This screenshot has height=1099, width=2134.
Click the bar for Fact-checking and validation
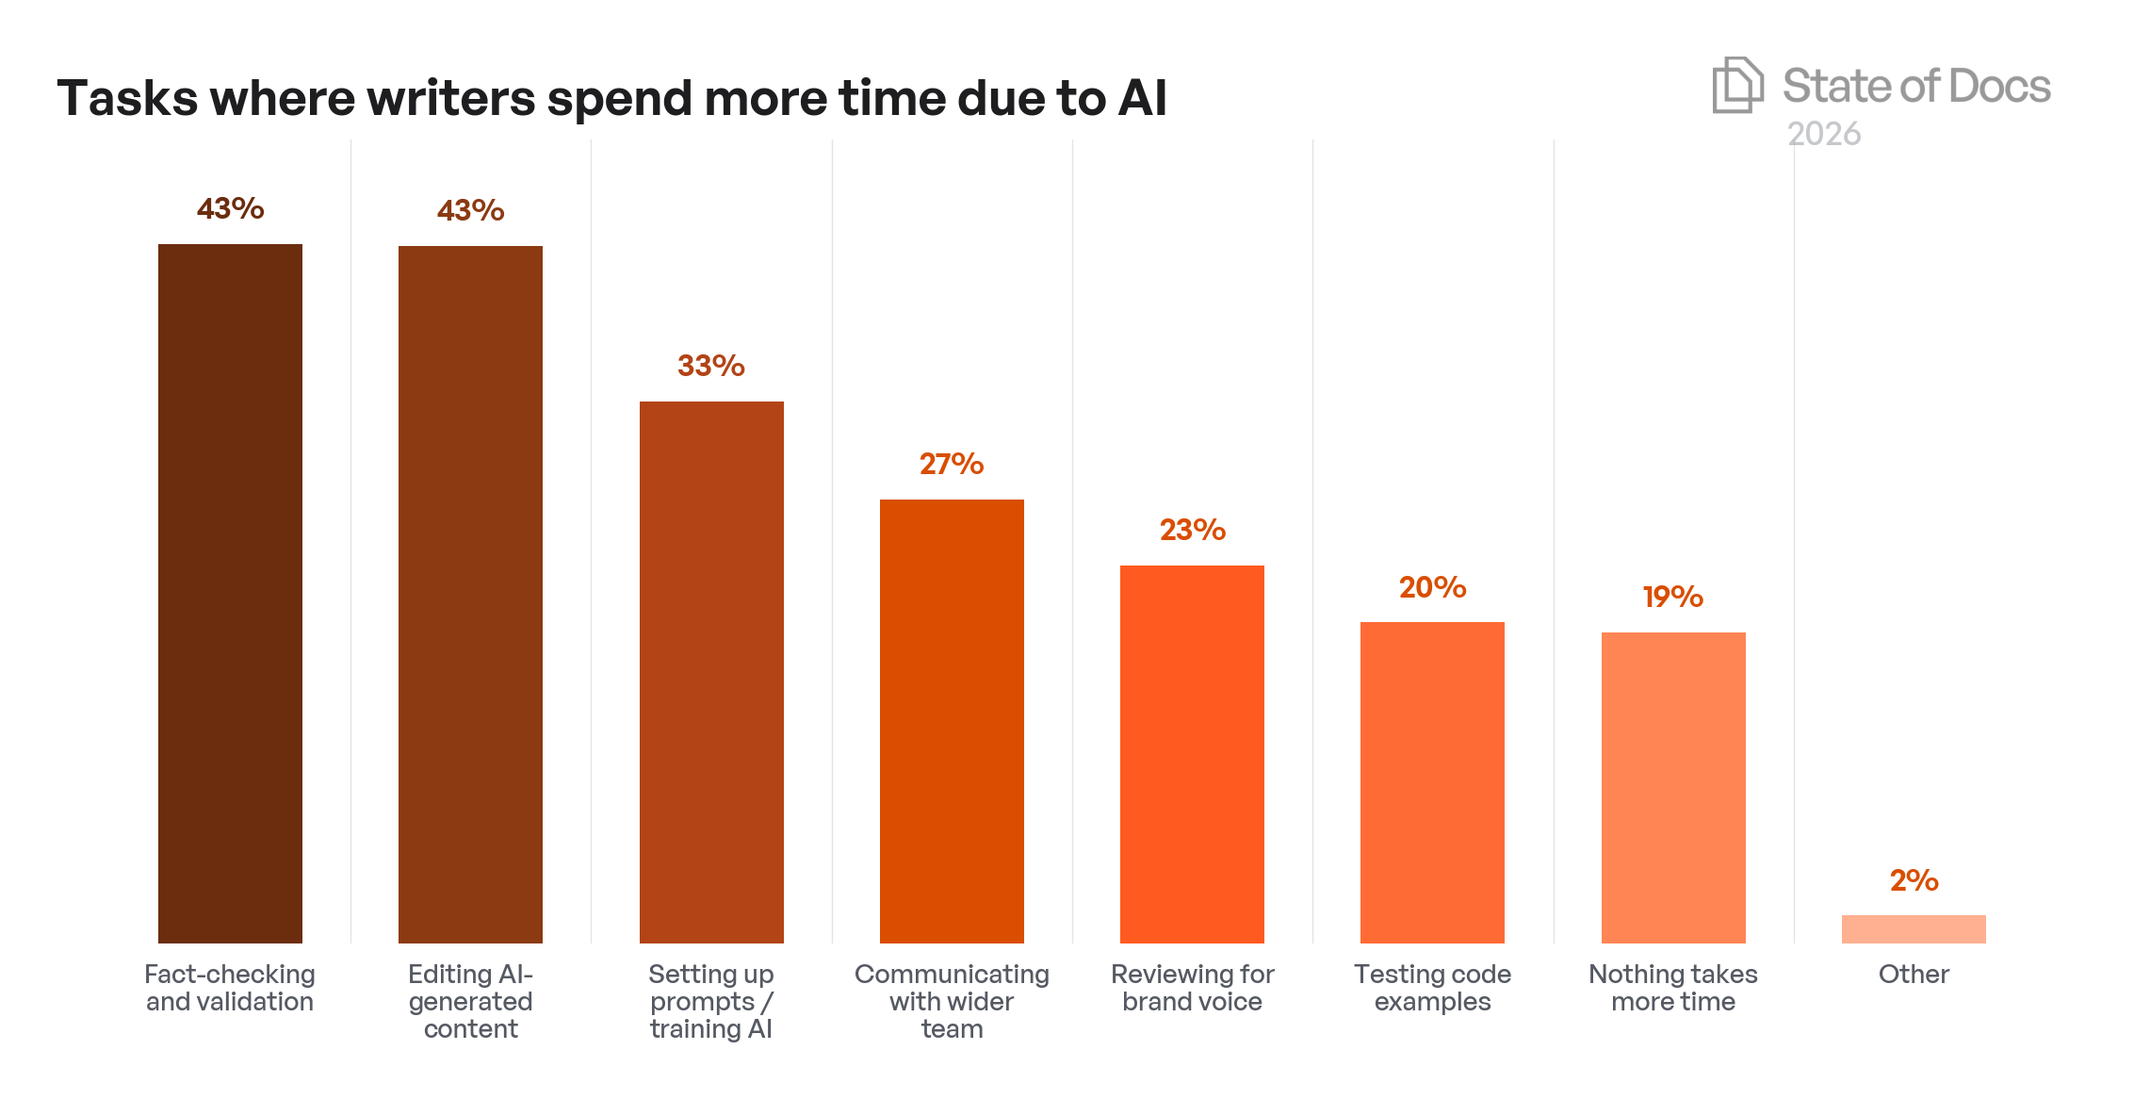(230, 594)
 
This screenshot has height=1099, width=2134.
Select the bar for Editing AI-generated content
(470, 594)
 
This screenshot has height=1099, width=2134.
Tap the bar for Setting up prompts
(711, 672)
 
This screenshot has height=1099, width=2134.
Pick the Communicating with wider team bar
(952, 721)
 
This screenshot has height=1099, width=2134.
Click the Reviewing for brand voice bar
(1192, 754)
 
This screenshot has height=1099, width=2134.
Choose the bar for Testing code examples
(1432, 782)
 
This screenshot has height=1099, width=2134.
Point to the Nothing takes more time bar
(1673, 787)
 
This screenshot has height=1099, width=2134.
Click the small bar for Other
(1914, 928)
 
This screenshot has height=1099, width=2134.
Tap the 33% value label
(711, 366)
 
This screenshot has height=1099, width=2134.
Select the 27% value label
(952, 464)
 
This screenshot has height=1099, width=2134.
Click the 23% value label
(1192, 530)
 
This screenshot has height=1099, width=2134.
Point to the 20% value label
(1432, 587)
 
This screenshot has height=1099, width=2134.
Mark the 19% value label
(1673, 597)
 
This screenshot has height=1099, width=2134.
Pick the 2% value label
(1914, 880)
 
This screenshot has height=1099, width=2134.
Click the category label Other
(1914, 974)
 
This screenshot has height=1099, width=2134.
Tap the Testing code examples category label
(1432, 988)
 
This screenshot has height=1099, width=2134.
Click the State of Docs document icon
(1737, 85)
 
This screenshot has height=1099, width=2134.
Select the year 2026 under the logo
(1824, 134)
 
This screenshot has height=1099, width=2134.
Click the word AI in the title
(1142, 98)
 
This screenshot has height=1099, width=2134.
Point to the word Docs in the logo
(1998, 86)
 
